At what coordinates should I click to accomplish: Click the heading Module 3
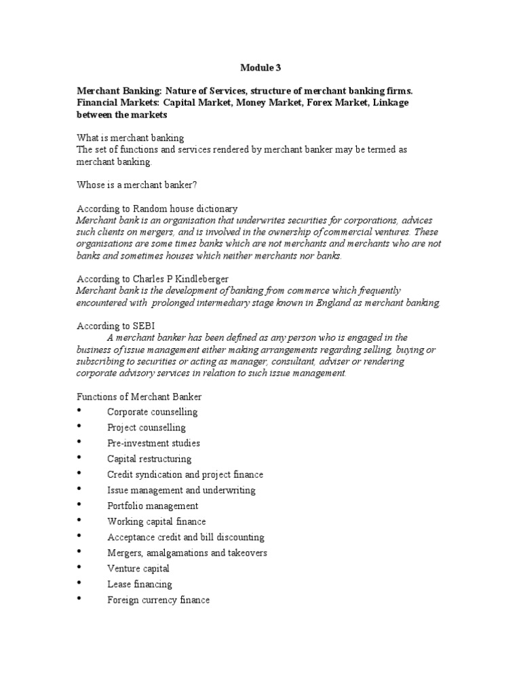pyautogui.click(x=260, y=68)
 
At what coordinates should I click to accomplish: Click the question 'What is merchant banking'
pyautogui.click(x=130, y=138)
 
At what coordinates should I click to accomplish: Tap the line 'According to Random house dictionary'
pyautogui.click(x=157, y=209)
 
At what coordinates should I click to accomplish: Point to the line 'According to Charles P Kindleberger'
pyautogui.click(x=153, y=279)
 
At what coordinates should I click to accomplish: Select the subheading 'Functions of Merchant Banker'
pyautogui.click(x=139, y=396)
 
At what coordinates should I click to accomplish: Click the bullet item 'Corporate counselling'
pyautogui.click(x=152, y=412)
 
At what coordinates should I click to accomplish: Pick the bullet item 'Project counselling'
pyautogui.click(x=146, y=428)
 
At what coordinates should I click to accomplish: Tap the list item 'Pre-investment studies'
pyautogui.click(x=153, y=443)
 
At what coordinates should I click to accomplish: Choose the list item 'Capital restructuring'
pyautogui.click(x=149, y=459)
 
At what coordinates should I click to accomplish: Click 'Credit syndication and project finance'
pyautogui.click(x=185, y=474)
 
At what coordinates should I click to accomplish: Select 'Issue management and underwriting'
pyautogui.click(x=181, y=490)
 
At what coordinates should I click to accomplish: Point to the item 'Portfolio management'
pyautogui.click(x=153, y=506)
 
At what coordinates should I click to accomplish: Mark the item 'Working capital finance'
pyautogui.click(x=156, y=521)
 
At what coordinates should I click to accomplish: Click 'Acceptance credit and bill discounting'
pyautogui.click(x=185, y=537)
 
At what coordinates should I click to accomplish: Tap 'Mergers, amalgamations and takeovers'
pyautogui.click(x=187, y=552)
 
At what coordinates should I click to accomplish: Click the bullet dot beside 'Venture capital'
pyautogui.click(x=79, y=567)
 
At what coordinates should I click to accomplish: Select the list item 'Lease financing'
pyautogui.click(x=139, y=584)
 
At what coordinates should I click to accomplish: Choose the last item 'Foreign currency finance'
pyautogui.click(x=158, y=600)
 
